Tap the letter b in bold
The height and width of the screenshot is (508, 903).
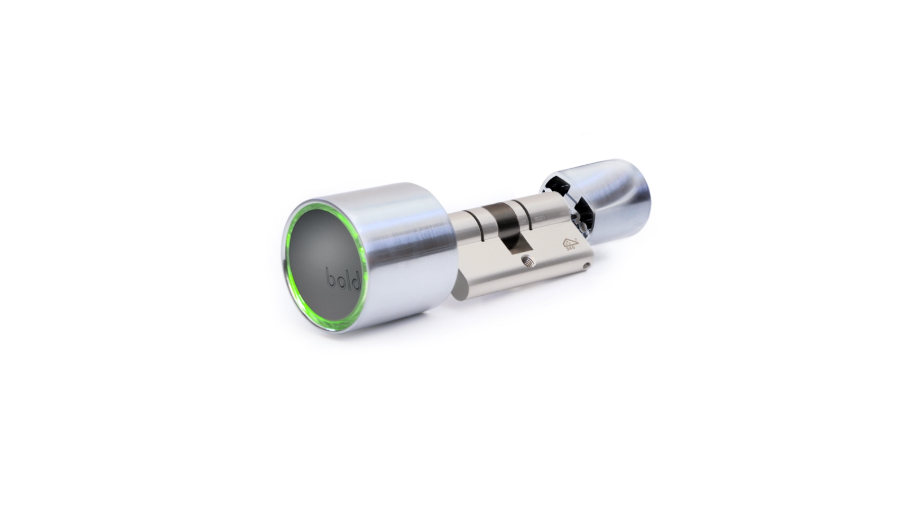(x=330, y=279)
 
